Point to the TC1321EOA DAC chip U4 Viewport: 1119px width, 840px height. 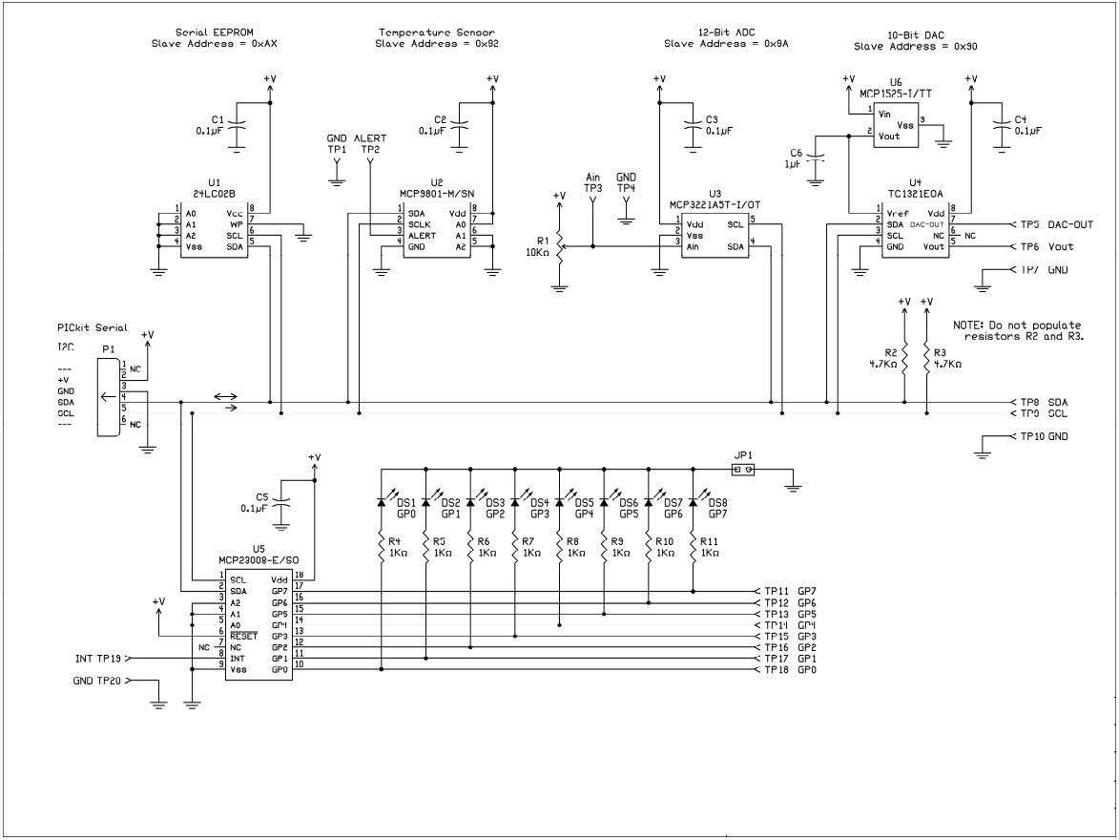915,230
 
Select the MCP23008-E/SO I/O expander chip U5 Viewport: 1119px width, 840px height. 253,625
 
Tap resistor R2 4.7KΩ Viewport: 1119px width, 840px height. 904,358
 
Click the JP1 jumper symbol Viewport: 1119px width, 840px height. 741,470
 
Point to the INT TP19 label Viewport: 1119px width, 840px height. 97,659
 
